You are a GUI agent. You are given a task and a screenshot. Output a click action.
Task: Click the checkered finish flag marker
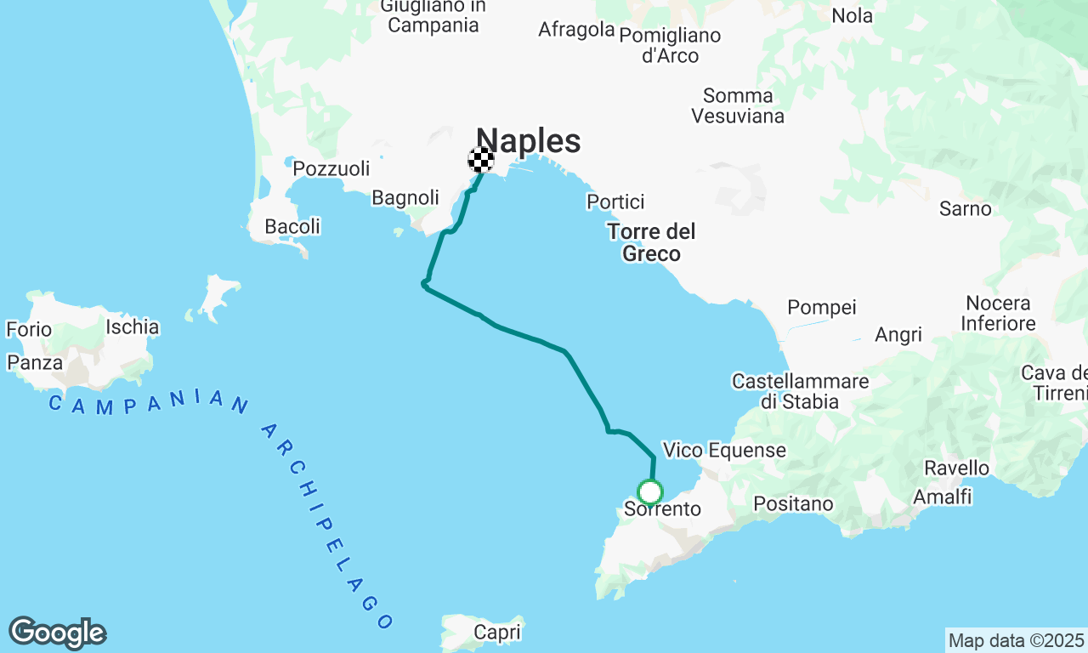[x=481, y=160]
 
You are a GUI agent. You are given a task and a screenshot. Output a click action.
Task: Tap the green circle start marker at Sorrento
[x=650, y=491]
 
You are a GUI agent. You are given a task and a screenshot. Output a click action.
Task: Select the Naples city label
[x=528, y=140]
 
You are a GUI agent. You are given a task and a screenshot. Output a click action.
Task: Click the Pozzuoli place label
[x=331, y=168]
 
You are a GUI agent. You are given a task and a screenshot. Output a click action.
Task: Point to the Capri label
[x=496, y=633]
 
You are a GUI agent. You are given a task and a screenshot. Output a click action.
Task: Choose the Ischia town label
[x=132, y=326]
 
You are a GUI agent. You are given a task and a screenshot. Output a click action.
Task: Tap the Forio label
[x=29, y=329]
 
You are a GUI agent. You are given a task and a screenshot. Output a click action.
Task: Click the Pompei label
[x=822, y=307]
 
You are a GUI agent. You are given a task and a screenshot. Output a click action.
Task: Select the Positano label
[x=793, y=504]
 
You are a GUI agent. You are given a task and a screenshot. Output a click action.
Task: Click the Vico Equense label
[x=724, y=450]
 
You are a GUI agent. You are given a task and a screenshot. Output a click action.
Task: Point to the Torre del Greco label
[x=652, y=242]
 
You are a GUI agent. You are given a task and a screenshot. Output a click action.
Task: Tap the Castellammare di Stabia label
[x=800, y=391]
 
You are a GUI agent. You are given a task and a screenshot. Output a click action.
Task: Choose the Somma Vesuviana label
[x=738, y=106]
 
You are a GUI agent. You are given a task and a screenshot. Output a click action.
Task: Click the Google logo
[x=57, y=633]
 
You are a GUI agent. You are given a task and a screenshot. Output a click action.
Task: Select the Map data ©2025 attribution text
[x=1016, y=640]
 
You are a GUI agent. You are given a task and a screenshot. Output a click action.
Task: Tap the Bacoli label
[x=292, y=227]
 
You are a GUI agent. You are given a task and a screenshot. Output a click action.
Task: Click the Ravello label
[x=957, y=468]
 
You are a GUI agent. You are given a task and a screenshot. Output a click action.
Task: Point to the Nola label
[x=852, y=15]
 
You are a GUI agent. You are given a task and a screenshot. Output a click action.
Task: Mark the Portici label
[x=615, y=202]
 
